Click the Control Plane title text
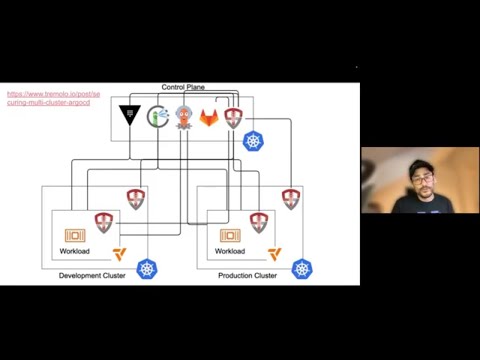[183, 88]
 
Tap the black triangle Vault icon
[130, 116]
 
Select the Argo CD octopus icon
[184, 116]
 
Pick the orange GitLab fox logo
[209, 118]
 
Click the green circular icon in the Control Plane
[158, 116]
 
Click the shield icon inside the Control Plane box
[233, 118]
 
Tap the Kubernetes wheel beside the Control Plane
[254, 141]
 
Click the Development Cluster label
[92, 275]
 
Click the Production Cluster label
[247, 275]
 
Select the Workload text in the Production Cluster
[230, 251]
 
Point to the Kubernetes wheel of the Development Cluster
[148, 269]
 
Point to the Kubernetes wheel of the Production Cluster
[301, 268]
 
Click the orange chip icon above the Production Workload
[230, 235]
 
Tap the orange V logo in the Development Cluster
[119, 254]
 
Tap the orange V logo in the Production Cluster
[274, 254]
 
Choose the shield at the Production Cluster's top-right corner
[290, 198]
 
